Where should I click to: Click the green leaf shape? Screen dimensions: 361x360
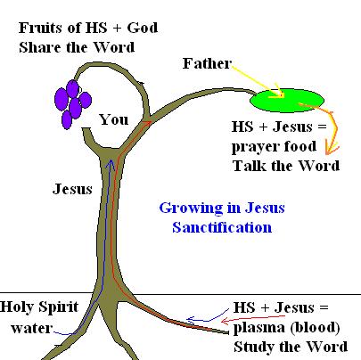286,101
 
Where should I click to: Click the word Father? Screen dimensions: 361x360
207,63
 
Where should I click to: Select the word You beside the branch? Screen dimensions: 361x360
114,119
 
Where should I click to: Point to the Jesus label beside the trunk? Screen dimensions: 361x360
72,189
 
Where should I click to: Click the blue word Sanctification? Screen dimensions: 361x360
222,227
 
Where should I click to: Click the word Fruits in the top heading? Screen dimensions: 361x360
39,28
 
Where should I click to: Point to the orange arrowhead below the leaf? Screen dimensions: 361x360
332,148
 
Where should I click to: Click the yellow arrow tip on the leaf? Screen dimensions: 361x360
279,94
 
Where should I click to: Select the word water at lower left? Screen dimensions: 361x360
32,328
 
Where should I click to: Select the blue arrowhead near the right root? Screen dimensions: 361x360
193,320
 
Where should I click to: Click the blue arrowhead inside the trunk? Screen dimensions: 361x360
111,164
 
